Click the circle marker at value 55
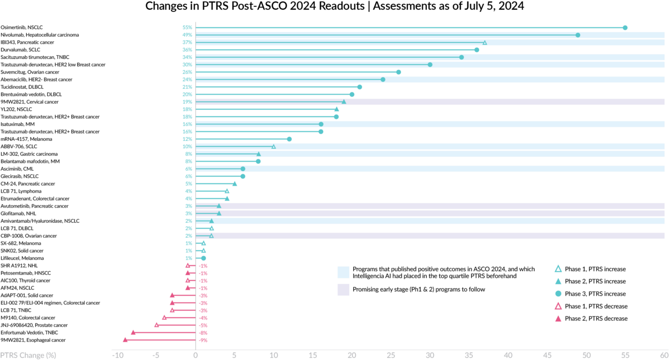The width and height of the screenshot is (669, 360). point(625,28)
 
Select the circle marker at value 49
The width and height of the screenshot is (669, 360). point(578,35)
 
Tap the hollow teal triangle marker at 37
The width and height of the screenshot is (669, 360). point(484,43)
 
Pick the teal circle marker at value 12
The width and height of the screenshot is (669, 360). point(289,139)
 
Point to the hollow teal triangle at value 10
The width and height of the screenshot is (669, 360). point(274,146)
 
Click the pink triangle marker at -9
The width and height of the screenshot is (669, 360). point(125,340)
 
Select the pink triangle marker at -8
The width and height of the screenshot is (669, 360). point(133,332)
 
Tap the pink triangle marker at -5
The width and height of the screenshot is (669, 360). point(156,325)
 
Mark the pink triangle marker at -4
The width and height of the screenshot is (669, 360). point(164,317)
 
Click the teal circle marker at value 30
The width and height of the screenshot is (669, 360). point(430,65)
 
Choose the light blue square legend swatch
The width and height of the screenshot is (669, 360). point(343,272)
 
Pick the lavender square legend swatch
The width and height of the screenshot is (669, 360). point(343,289)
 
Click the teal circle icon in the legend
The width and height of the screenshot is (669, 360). point(558,294)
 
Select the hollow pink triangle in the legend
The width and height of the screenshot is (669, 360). point(558,306)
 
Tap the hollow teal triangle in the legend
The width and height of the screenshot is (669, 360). point(558,268)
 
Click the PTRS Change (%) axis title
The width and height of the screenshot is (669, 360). point(28,355)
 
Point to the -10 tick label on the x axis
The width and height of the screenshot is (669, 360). point(118,355)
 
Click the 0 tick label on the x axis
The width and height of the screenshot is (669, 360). point(196,355)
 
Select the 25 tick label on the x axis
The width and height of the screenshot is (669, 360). point(391,355)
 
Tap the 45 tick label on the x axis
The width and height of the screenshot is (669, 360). point(547,355)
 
